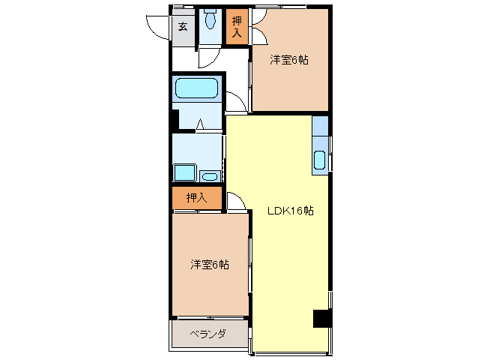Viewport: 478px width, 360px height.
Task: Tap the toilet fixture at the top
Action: [210, 18]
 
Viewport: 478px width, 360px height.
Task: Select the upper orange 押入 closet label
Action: [237, 28]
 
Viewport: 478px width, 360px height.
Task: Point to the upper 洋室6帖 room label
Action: [289, 61]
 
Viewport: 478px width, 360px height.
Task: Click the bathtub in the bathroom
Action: [196, 88]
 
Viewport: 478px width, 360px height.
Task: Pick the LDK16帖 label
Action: [290, 211]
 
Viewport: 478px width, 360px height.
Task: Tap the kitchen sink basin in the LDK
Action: [320, 160]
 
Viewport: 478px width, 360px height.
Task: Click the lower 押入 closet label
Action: [196, 198]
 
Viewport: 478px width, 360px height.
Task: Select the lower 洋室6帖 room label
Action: [209, 264]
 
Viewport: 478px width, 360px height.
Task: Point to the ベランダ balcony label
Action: [207, 334]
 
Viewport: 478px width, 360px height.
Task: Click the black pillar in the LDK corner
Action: [321, 318]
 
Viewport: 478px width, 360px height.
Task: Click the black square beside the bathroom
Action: [175, 119]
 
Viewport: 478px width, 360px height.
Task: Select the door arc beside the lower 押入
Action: [234, 201]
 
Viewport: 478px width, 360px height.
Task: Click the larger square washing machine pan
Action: [184, 172]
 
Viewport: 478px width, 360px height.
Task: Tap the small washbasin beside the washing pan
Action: [211, 176]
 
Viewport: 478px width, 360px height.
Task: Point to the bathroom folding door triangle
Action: [200, 124]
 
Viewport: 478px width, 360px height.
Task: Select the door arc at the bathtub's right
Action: [235, 102]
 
